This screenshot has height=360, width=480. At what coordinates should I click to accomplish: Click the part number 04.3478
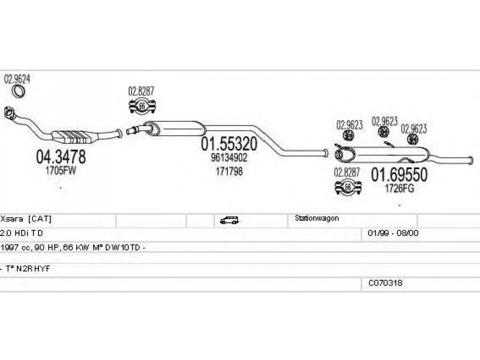pos(61,157)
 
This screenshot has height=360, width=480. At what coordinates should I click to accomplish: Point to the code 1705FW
pos(60,170)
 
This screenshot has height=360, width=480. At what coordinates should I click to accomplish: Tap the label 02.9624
pos(18,79)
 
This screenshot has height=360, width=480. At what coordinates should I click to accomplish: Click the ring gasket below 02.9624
pos(20,91)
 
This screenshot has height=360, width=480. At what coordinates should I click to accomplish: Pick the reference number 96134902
pos(229,158)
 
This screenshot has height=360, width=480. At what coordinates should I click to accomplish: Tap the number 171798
pos(229,172)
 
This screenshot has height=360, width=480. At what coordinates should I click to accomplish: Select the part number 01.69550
pos(399,175)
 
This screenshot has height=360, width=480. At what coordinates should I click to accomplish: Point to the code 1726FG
pos(399,188)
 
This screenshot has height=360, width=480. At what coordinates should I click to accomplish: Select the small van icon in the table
pos(229,220)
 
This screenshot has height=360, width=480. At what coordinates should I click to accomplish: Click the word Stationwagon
pos(317,218)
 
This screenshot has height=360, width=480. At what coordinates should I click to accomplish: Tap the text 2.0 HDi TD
pos(22,233)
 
